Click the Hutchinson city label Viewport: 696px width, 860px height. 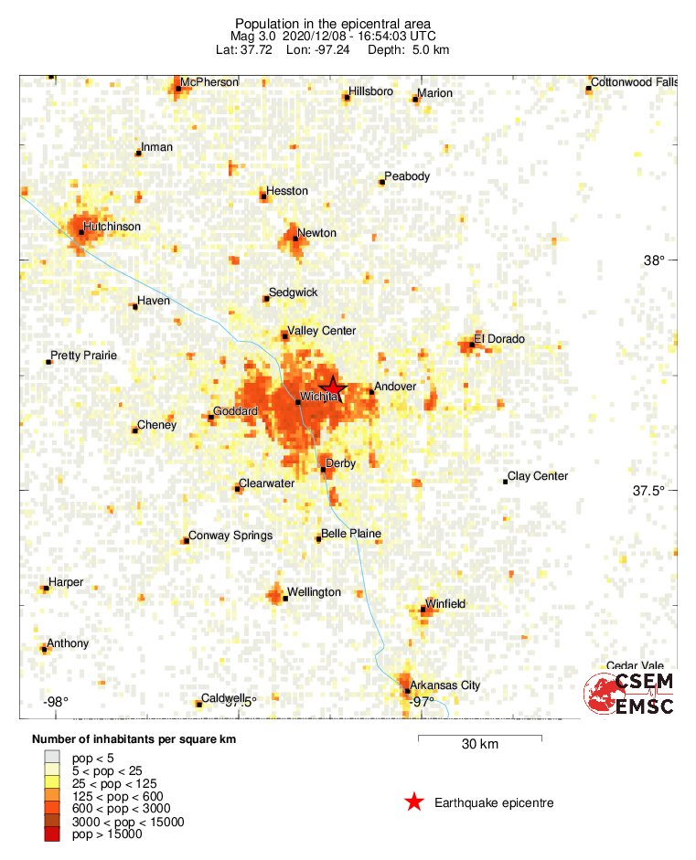pyautogui.click(x=112, y=226)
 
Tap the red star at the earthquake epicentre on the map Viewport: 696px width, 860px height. pyautogui.click(x=334, y=388)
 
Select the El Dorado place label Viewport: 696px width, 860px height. pyautogui.click(x=501, y=339)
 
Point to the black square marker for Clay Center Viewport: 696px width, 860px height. pyautogui.click(x=505, y=481)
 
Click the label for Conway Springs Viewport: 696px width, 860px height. pyautogui.click(x=230, y=536)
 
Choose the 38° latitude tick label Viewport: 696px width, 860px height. pyautogui.click(x=654, y=260)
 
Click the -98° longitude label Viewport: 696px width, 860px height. pyautogui.click(x=56, y=702)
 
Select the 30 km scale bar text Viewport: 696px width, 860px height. pyautogui.click(x=479, y=745)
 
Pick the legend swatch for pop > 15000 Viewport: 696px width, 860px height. pyautogui.click(x=52, y=833)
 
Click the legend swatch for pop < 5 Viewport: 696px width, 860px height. pyautogui.click(x=52, y=758)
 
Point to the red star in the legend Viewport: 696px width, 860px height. pyautogui.click(x=414, y=802)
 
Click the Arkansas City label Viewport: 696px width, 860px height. pyautogui.click(x=444, y=685)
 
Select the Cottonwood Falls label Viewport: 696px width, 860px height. pyautogui.click(x=635, y=82)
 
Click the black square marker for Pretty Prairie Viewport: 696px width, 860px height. pyautogui.click(x=48, y=362)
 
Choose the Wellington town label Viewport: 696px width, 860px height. pyautogui.click(x=314, y=592)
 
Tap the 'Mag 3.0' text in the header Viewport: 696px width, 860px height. pyautogui.click(x=250, y=37)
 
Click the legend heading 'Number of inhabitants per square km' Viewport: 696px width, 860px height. pyautogui.click(x=134, y=739)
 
